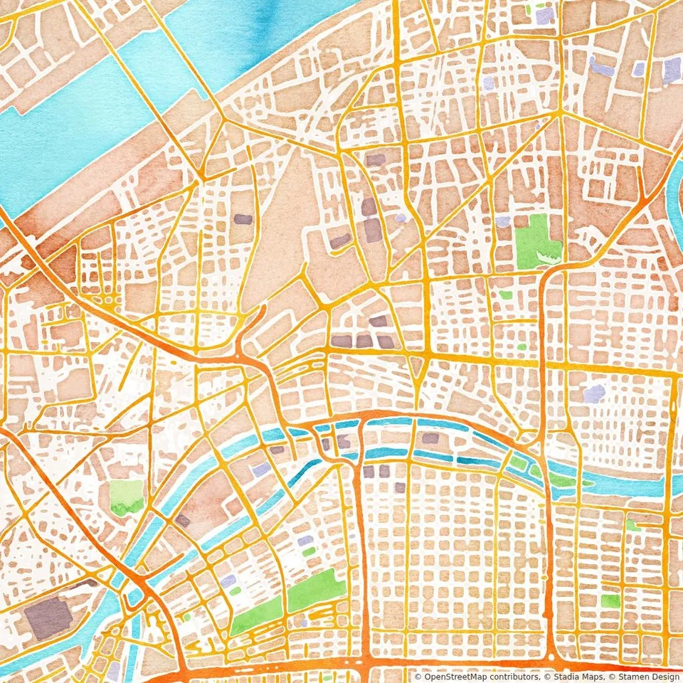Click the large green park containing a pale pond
(x=536, y=240)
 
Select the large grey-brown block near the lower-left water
(x=47, y=617)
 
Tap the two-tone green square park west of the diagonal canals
(x=127, y=497)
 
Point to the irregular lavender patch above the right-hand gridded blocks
(x=594, y=393)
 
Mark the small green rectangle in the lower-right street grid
(x=610, y=600)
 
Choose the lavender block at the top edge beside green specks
(x=544, y=16)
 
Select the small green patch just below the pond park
(x=506, y=295)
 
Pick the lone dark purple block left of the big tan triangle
(x=243, y=219)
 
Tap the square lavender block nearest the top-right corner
(x=671, y=70)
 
